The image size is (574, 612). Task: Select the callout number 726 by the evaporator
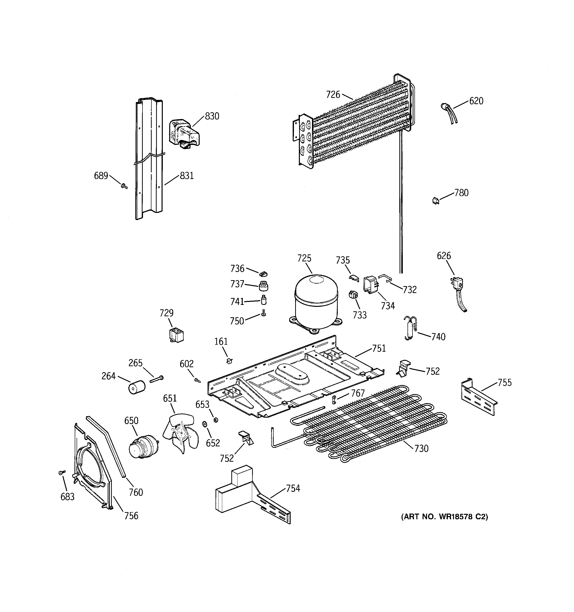click(x=333, y=94)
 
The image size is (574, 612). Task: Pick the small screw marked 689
click(x=124, y=186)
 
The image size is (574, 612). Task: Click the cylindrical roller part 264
click(x=136, y=387)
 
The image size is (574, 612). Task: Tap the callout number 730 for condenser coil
click(x=421, y=449)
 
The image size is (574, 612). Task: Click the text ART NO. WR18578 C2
click(x=444, y=517)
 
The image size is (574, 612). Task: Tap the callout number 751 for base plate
click(x=379, y=348)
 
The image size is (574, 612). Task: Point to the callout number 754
click(x=293, y=488)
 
